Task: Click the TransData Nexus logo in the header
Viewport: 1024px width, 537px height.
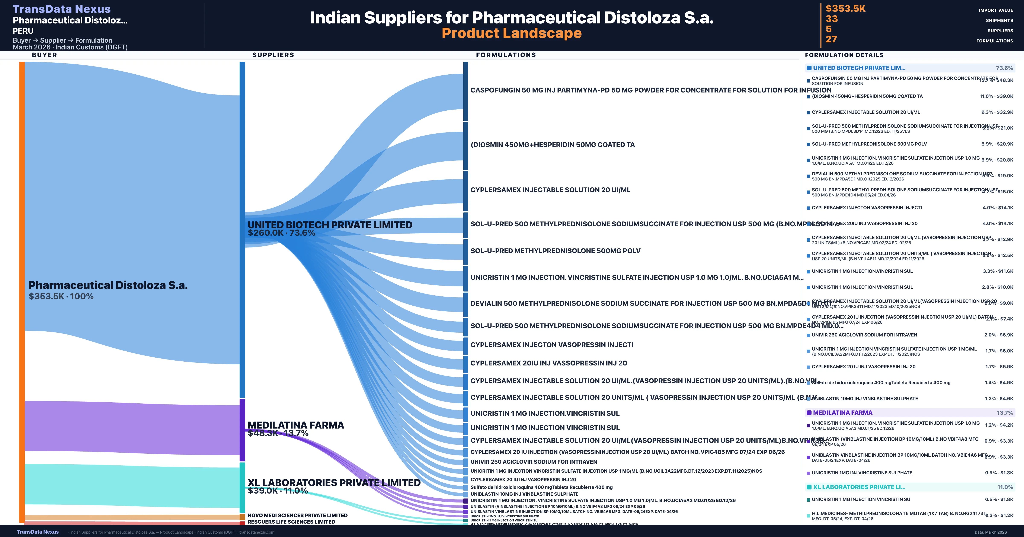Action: (x=62, y=9)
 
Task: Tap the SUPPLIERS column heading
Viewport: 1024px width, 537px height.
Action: (x=273, y=55)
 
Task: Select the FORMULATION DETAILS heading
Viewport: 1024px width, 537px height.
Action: (x=844, y=55)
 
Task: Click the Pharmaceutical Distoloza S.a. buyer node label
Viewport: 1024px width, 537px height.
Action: (x=108, y=285)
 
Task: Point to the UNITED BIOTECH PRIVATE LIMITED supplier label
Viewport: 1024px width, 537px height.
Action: (x=330, y=225)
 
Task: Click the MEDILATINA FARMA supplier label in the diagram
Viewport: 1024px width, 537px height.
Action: (x=296, y=425)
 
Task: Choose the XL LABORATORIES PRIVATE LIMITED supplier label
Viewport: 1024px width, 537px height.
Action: (x=334, y=483)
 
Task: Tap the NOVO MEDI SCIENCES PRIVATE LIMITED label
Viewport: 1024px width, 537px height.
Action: (x=297, y=515)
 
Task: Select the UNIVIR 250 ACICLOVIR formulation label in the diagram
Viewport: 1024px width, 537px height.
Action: (x=534, y=462)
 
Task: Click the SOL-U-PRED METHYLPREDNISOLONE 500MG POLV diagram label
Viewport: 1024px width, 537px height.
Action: (x=555, y=251)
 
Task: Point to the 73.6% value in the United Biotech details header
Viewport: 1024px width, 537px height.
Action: (x=1004, y=68)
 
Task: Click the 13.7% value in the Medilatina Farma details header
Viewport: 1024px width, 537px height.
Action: (x=1005, y=413)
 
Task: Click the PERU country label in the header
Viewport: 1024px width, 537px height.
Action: (x=23, y=31)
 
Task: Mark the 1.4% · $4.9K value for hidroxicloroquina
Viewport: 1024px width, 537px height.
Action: (x=999, y=383)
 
